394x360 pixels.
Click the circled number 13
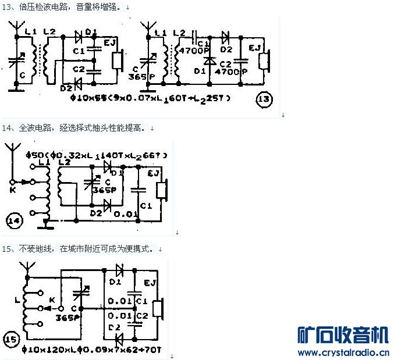pyautogui.click(x=264, y=99)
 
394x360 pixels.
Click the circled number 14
pyautogui.click(x=13, y=222)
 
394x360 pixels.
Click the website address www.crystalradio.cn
pyautogui.click(x=343, y=352)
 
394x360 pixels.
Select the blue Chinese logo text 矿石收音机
pyautogui.click(x=343, y=336)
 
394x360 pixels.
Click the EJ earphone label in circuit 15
pyautogui.click(x=150, y=283)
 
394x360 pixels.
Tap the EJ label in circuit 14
pyautogui.click(x=154, y=173)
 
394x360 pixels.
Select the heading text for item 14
pyautogui.click(x=76, y=127)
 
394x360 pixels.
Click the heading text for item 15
pyautogui.click(x=79, y=248)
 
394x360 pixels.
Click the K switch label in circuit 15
pyautogui.click(x=52, y=300)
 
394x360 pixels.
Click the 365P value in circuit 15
pyautogui.click(x=68, y=318)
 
